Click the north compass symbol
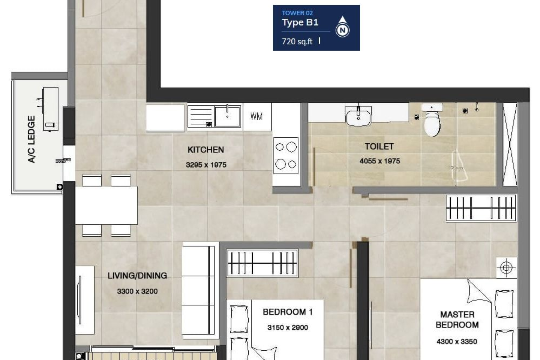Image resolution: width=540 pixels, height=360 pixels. [x=342, y=27]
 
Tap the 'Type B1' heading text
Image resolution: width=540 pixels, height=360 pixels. [x=300, y=22]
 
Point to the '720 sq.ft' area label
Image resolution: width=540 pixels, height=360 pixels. [x=297, y=42]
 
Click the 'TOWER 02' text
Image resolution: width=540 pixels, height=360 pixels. [x=297, y=13]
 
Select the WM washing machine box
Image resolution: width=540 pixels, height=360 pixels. [x=257, y=117]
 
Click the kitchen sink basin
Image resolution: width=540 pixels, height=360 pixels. [x=228, y=117]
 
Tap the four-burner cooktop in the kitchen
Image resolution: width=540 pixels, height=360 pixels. [x=286, y=156]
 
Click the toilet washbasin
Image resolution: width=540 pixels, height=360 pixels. [x=358, y=116]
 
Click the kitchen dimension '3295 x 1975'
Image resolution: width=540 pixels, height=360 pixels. [x=206, y=165]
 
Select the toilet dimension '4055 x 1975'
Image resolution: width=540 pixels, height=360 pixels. [x=379, y=161]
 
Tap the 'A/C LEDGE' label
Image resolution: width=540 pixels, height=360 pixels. [x=31, y=139]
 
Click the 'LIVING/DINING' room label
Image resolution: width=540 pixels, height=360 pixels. [x=137, y=276]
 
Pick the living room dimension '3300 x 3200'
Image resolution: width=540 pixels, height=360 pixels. [x=137, y=291]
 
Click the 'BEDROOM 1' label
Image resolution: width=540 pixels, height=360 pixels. [x=288, y=312]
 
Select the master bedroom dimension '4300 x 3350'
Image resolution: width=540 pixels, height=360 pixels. [x=457, y=341]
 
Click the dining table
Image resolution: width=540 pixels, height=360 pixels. [x=106, y=205]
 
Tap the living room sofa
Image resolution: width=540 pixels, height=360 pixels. [x=200, y=290]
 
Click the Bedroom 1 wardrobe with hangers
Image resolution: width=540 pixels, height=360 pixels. [x=262, y=263]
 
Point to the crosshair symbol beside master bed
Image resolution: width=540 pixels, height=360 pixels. [x=506, y=267]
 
